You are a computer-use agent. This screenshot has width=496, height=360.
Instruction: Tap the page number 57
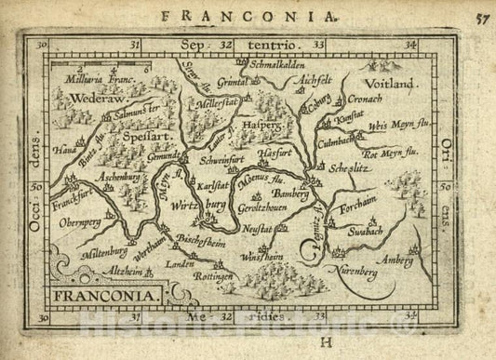[x=479, y=16]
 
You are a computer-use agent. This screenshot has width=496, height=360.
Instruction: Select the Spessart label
[x=133, y=136]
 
